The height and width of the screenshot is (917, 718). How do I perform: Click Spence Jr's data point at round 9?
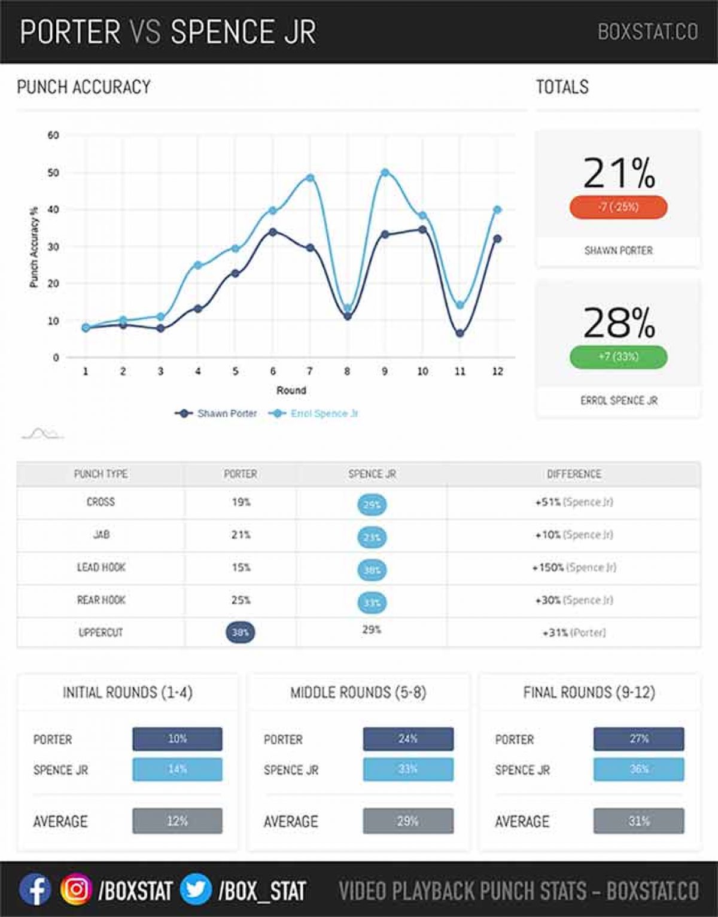(385, 173)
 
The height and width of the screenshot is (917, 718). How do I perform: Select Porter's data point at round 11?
(460, 333)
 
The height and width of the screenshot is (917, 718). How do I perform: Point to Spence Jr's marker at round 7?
(310, 178)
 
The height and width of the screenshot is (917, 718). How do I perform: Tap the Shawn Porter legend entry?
(217, 413)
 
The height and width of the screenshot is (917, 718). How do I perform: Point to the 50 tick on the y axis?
(54, 173)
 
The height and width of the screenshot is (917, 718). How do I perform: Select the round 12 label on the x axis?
(497, 371)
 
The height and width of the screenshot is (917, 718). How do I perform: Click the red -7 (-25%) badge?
(618, 207)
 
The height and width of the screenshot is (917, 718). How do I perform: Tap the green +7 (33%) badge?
(618, 357)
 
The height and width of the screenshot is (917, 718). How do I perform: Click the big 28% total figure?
(619, 323)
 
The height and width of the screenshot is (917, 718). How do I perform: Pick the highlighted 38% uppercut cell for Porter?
(241, 632)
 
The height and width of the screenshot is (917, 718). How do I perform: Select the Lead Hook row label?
(101, 568)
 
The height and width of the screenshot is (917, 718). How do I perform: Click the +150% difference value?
(549, 568)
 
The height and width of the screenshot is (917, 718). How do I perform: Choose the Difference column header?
(574, 474)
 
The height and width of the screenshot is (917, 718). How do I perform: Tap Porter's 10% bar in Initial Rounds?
(177, 739)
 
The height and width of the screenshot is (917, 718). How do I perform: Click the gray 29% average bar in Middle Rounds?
(408, 821)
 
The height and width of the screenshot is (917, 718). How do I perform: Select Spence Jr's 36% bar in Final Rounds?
(638, 769)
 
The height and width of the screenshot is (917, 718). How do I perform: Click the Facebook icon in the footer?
(35, 890)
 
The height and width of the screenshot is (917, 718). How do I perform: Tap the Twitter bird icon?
(196, 890)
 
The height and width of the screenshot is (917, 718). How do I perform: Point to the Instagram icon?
(76, 890)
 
